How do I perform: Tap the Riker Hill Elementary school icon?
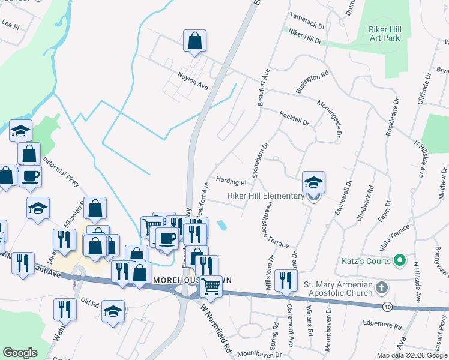[313, 182]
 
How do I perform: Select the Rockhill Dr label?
[294, 118]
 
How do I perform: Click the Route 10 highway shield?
[388, 307]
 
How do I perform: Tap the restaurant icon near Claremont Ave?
[286, 280]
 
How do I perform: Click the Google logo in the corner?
[20, 353]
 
